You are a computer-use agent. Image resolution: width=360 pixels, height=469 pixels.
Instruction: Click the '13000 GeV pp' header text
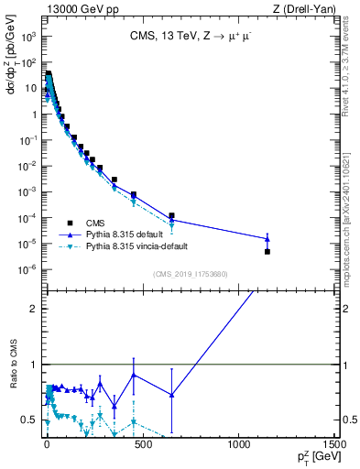coord(80,8)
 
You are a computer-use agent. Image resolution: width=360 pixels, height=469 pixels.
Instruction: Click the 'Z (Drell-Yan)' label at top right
coord(308,8)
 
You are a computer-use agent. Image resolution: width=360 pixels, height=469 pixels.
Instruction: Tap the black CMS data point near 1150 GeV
coord(267,251)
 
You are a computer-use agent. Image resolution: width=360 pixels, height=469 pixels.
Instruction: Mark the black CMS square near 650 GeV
coord(171,215)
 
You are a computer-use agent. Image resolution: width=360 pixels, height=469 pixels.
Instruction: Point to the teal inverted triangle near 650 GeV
coord(171,225)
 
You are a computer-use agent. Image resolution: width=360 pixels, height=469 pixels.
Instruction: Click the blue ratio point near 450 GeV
coord(134,375)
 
